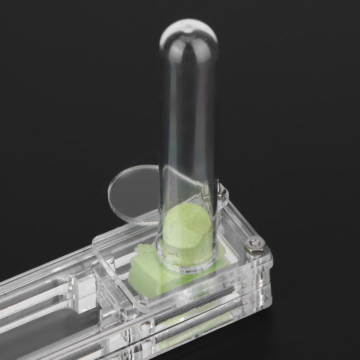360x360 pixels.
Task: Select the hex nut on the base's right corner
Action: tap(255, 245)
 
